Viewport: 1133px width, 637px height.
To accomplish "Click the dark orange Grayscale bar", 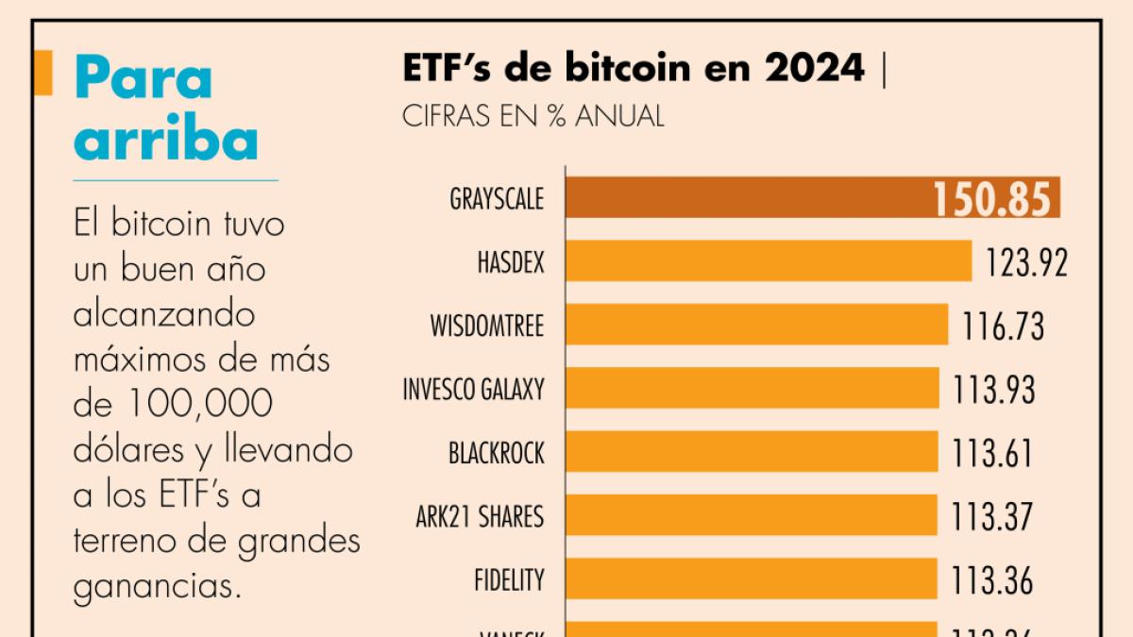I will (x=746, y=198).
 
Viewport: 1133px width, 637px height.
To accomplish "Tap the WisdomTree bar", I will (x=756, y=325).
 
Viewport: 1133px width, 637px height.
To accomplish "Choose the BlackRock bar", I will (x=752, y=452).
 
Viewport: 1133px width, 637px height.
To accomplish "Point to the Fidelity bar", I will (x=752, y=578).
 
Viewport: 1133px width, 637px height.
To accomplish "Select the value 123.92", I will (x=1026, y=262).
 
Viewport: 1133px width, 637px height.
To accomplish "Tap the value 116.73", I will (x=1004, y=326).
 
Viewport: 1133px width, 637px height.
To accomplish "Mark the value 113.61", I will (x=993, y=453).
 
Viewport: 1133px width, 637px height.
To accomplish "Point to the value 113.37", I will (x=993, y=516).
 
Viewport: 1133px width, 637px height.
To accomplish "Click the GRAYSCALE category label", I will (x=497, y=199).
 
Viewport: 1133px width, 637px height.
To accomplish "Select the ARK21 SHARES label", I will (x=480, y=517).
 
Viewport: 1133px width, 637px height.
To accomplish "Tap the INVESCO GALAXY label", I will (x=473, y=389).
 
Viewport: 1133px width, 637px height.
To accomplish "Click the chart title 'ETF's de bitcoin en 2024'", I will (x=633, y=68).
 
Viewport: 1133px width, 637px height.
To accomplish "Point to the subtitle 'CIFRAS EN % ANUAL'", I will (x=533, y=116).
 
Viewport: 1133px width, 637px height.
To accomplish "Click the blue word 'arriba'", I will (x=166, y=140).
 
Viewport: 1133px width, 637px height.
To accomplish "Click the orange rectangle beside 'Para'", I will (x=42, y=74).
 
